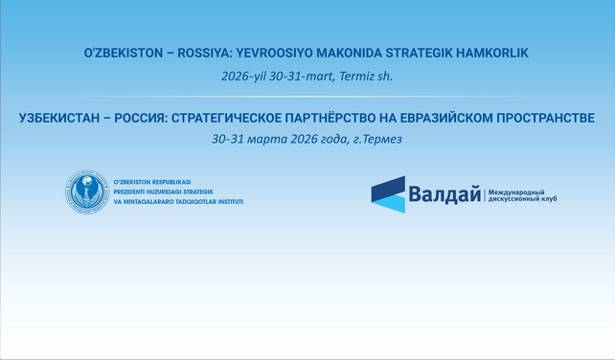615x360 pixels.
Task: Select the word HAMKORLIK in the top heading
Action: click(x=483, y=55)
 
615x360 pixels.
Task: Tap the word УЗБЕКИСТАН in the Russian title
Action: click(x=59, y=119)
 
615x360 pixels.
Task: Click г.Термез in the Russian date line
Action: click(x=376, y=139)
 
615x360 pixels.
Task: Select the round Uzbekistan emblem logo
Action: click(x=86, y=192)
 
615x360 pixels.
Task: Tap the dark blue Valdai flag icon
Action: click(x=388, y=193)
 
